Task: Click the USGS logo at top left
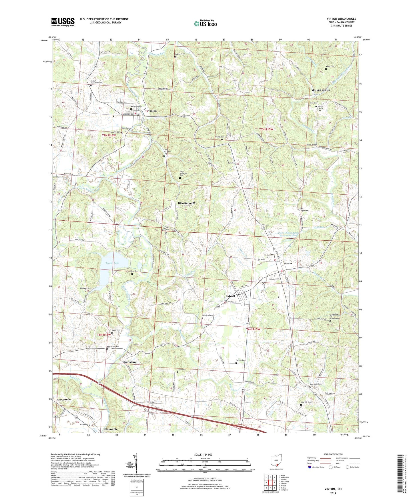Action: (x=63, y=22)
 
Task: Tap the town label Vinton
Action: (x=152, y=111)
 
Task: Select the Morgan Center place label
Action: (x=320, y=90)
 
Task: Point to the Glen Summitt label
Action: (x=186, y=203)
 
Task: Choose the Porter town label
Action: (x=288, y=263)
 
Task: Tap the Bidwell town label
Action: (x=230, y=296)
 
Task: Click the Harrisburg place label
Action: (x=127, y=362)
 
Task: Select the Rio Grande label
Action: (x=63, y=400)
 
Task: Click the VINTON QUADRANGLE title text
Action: (x=341, y=19)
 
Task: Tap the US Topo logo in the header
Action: (x=205, y=23)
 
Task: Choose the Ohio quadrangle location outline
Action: (x=276, y=461)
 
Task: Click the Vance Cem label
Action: (x=330, y=66)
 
